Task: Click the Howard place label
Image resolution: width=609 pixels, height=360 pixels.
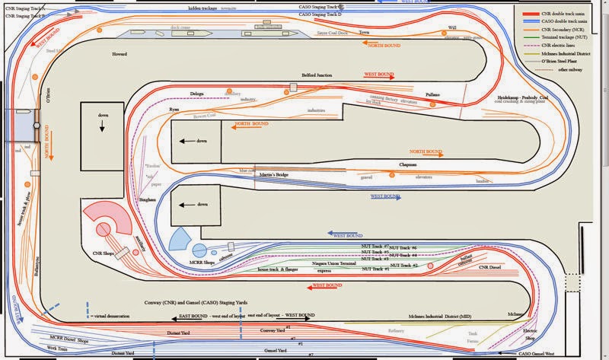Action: tap(120, 56)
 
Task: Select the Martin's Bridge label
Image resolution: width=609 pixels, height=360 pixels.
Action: tap(272, 176)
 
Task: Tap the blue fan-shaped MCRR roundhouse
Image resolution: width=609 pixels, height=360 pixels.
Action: tap(179, 240)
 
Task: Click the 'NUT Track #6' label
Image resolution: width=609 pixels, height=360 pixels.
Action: tap(425, 248)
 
